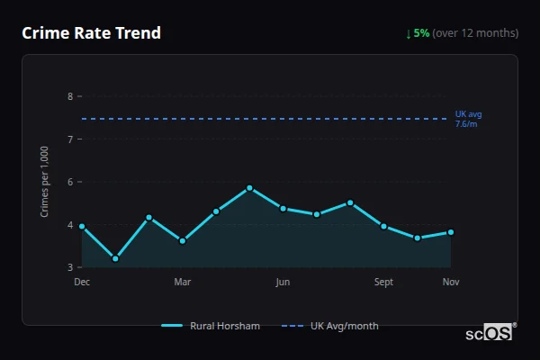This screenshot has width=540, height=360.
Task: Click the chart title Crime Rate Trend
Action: pos(91,33)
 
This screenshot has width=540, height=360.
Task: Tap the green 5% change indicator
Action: pos(421,33)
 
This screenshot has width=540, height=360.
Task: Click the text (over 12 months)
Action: pos(475,33)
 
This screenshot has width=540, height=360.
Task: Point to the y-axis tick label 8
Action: pos(70,96)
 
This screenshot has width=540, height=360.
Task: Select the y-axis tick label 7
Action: pos(70,139)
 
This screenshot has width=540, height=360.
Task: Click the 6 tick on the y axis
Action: pos(70,182)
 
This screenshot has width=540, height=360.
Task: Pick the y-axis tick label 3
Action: pos(70,267)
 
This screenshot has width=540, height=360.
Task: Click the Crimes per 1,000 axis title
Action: pos(45,181)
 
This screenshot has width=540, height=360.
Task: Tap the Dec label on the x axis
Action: pos(82,282)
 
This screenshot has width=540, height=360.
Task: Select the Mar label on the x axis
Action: pos(183,282)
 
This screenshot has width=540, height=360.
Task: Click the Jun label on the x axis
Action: pos(283,282)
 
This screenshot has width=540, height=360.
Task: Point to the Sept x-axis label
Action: pos(384,282)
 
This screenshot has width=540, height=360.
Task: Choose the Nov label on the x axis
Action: pos(451,282)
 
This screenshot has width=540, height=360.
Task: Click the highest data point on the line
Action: pos(249,188)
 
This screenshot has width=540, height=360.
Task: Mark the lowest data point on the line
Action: pos(115,258)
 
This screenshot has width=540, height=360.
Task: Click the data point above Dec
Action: pos(82,227)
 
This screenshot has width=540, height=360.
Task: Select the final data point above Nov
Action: pos(451,232)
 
